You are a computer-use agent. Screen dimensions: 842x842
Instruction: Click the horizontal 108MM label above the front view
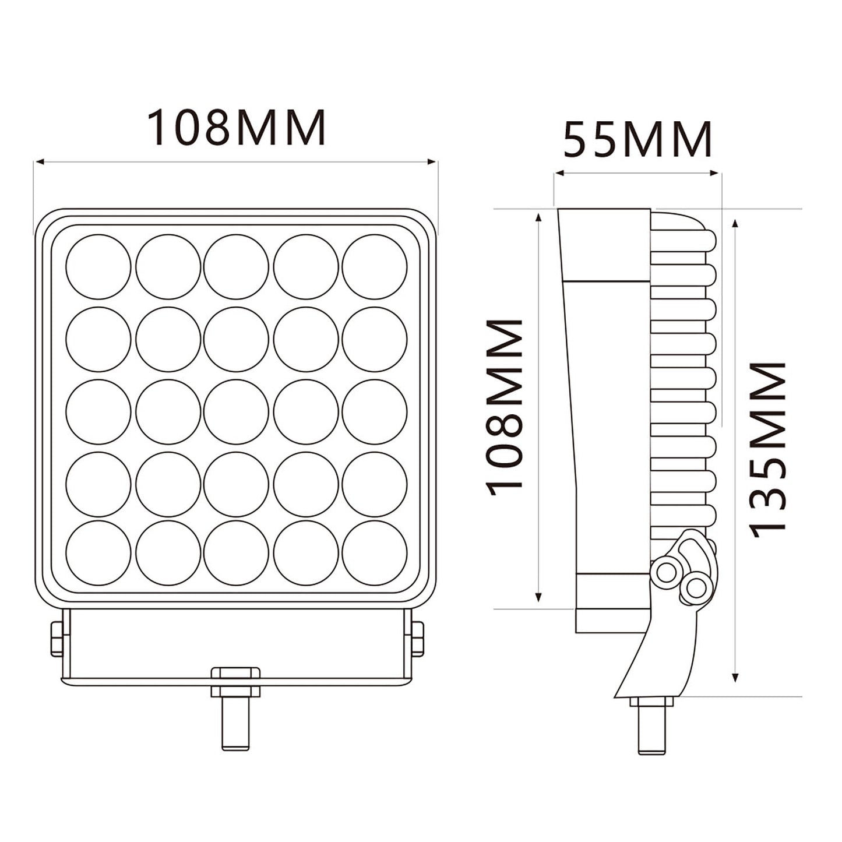pos(236,127)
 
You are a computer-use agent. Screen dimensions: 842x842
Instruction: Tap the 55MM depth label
pos(637,140)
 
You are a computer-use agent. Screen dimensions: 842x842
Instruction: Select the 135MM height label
pos(767,449)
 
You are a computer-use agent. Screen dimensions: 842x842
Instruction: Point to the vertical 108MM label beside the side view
pos(505,407)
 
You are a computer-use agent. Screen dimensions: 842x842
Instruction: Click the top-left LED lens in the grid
pos(98,266)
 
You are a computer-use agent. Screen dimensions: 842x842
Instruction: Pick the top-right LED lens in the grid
pos(374,266)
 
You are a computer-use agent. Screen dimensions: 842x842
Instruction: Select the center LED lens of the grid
pos(236,411)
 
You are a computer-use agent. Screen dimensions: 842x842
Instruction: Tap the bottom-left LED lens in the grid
pos(98,552)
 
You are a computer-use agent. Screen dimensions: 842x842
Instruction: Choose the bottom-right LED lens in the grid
pos(374,552)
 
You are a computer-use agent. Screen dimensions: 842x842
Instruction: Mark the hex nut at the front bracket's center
pos(236,682)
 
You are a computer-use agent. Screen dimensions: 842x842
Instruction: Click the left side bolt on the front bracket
pos(57,639)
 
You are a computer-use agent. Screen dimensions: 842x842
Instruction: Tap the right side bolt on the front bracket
pos(417,639)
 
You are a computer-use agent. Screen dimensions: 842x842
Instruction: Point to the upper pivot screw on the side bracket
pos(666,572)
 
